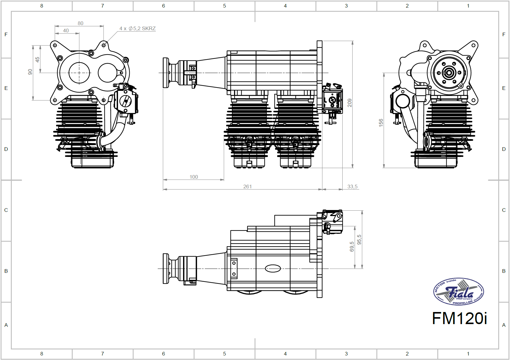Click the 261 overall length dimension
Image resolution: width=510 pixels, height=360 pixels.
(x=247, y=186)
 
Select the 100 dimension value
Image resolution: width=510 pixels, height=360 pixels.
(x=194, y=177)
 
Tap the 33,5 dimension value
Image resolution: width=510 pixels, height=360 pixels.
(x=352, y=186)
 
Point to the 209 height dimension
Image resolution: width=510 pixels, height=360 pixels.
(x=350, y=103)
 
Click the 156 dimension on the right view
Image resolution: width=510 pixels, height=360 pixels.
(x=381, y=123)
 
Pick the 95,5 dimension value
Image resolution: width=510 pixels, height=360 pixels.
(x=359, y=240)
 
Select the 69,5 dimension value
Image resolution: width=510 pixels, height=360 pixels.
(x=352, y=247)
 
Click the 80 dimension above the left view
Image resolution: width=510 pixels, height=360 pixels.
(x=81, y=23)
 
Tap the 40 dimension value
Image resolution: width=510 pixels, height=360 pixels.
(x=66, y=30)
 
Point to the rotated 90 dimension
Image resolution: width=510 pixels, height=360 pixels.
(x=30, y=72)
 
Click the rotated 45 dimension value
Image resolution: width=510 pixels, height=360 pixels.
(x=37, y=60)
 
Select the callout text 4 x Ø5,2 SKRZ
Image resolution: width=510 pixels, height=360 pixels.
(x=138, y=28)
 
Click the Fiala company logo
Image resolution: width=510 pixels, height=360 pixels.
(x=458, y=292)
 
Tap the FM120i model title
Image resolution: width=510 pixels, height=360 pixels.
(x=459, y=318)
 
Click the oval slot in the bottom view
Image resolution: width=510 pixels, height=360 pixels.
(x=273, y=268)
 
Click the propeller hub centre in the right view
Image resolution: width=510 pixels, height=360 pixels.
(x=449, y=73)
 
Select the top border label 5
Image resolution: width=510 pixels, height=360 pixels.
(x=224, y=6)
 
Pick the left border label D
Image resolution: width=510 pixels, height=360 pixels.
(x=6, y=149)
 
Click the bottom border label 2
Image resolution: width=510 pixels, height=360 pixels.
(x=407, y=353)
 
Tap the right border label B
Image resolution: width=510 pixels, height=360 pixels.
(x=504, y=271)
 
